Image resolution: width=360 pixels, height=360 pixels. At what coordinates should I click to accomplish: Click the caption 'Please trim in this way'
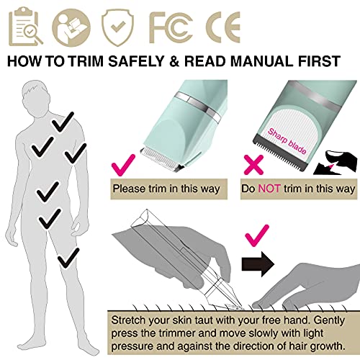168,189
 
